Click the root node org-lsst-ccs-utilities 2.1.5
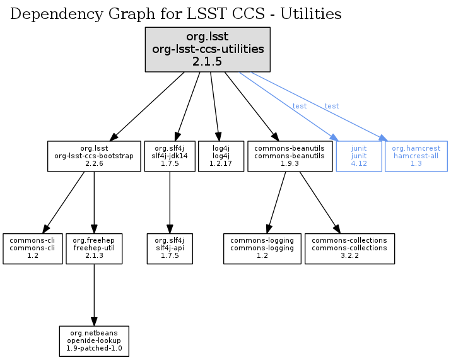(x=208, y=49)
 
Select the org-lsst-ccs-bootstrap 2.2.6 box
(x=94, y=156)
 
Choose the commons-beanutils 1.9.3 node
(x=290, y=156)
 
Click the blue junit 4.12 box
(x=359, y=156)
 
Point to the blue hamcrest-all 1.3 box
(x=416, y=156)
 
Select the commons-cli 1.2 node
(x=33, y=248)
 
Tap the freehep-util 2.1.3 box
(x=94, y=248)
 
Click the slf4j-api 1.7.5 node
(x=169, y=248)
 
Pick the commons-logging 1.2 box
(x=262, y=248)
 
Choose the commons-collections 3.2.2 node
(x=349, y=248)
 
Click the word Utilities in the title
(x=311, y=14)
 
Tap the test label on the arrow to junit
(x=300, y=106)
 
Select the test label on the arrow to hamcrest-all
(x=331, y=106)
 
